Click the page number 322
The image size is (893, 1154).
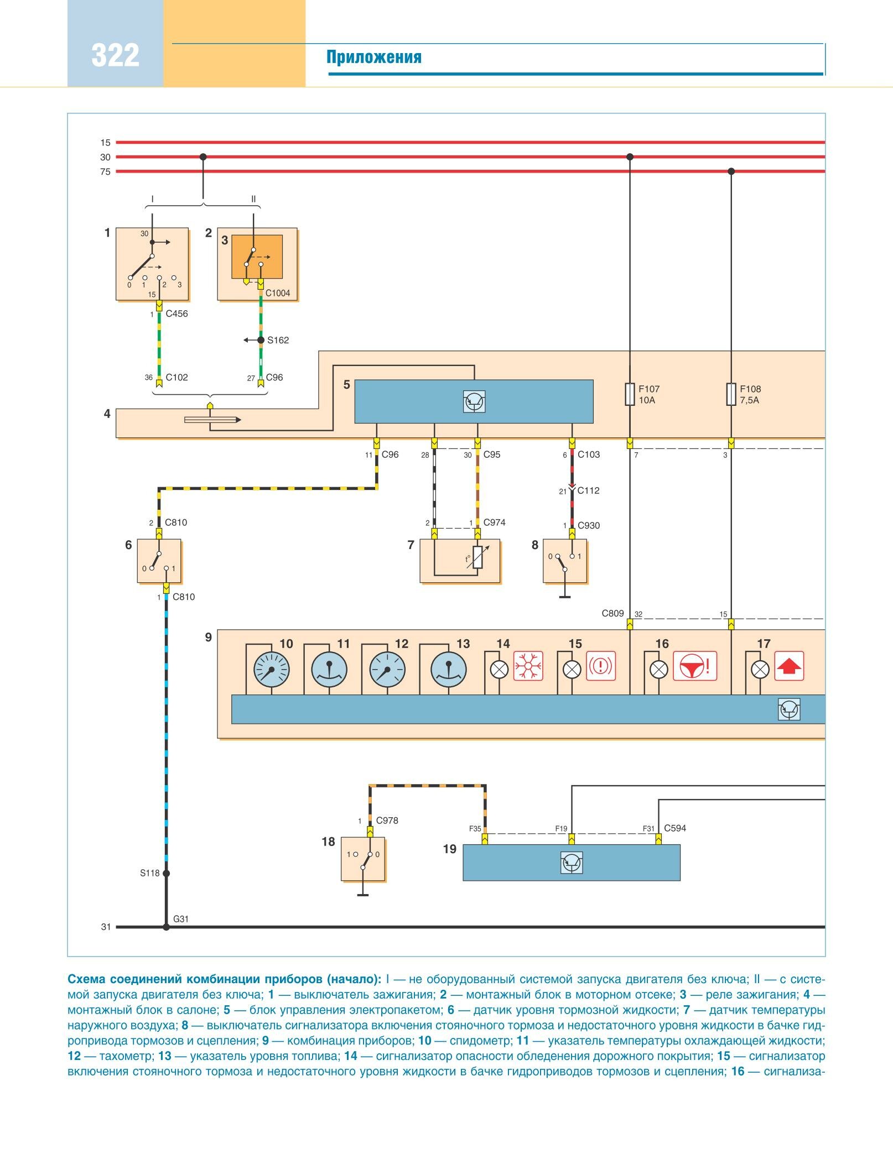pyautogui.click(x=115, y=55)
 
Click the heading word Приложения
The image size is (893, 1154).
pyautogui.click(x=373, y=57)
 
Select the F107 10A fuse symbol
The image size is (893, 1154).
pyautogui.click(x=630, y=394)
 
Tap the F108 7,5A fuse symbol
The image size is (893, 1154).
pyautogui.click(x=731, y=394)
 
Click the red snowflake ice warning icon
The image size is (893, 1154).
pyautogui.click(x=528, y=666)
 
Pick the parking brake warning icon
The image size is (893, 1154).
pyautogui.click(x=600, y=666)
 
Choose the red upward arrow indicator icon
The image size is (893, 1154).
pyautogui.click(x=789, y=666)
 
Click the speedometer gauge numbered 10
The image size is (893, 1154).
pyautogui.click(x=271, y=670)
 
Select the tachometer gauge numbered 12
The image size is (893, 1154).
pyautogui.click(x=387, y=670)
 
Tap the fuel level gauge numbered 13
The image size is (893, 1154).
pyautogui.click(x=448, y=670)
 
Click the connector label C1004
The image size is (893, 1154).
pyautogui.click(x=278, y=293)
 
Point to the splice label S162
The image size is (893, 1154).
pyautogui.click(x=278, y=340)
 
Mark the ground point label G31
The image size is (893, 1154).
pyautogui.click(x=181, y=919)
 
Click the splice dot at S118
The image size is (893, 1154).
pyautogui.click(x=166, y=874)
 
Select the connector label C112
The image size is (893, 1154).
pyautogui.click(x=588, y=490)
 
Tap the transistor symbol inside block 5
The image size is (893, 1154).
pyautogui.click(x=474, y=401)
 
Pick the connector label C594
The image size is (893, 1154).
pyautogui.click(x=675, y=828)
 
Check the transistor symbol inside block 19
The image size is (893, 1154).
pyautogui.click(x=572, y=863)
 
